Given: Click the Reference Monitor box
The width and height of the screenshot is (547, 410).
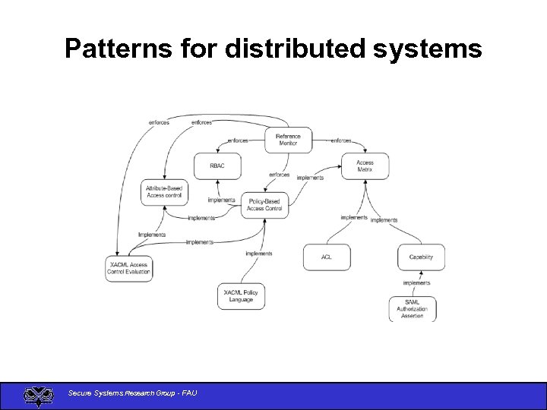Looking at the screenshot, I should (288, 140).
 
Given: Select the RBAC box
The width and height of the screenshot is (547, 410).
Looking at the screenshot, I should (218, 166).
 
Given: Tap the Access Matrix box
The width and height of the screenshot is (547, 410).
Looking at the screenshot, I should (365, 166).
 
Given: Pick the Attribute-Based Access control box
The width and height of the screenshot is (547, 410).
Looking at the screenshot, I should (165, 191).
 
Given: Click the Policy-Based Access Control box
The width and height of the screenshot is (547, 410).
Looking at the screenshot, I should (264, 205).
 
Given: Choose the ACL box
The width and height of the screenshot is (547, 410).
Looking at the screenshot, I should (327, 257).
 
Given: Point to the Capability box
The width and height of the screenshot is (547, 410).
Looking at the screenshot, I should (421, 257).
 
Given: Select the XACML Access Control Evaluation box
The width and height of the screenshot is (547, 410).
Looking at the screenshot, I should (128, 268).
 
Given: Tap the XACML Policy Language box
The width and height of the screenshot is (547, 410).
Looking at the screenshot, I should (241, 296).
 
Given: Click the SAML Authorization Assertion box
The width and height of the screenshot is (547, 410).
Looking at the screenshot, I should (413, 308).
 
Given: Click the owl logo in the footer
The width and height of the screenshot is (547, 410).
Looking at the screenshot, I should (38, 396).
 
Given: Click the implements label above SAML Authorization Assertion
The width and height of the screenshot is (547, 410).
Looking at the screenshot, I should (416, 283).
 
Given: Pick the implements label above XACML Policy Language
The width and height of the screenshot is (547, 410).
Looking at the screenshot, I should (258, 254).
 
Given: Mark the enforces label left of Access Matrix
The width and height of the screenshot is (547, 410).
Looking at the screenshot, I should (341, 140).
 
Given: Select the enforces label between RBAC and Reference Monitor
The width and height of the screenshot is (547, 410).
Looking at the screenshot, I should (238, 140).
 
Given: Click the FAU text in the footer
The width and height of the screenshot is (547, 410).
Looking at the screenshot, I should (188, 393).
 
